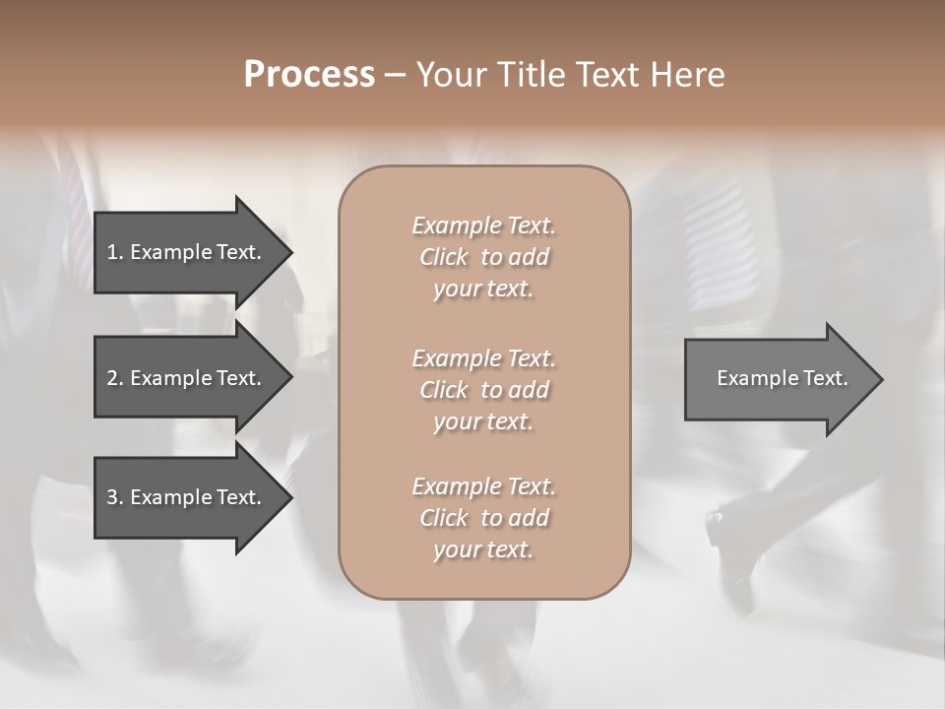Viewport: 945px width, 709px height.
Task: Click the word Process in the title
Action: pyautogui.click(x=309, y=75)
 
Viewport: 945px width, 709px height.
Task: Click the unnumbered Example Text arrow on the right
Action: pyautogui.click(x=782, y=378)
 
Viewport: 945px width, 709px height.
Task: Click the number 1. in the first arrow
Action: pyautogui.click(x=114, y=252)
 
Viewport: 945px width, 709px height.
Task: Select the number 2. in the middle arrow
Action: pyautogui.click(x=114, y=378)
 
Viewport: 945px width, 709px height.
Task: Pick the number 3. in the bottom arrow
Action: pyautogui.click(x=114, y=497)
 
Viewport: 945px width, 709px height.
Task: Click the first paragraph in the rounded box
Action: pyautogui.click(x=483, y=257)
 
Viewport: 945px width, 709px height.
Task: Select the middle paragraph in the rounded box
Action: pyautogui.click(x=483, y=390)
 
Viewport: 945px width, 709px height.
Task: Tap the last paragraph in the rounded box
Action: pyautogui.click(x=483, y=518)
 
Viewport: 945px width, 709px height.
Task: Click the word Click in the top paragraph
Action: pyautogui.click(x=444, y=257)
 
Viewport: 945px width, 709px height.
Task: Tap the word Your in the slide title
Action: pyautogui.click(x=449, y=75)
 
